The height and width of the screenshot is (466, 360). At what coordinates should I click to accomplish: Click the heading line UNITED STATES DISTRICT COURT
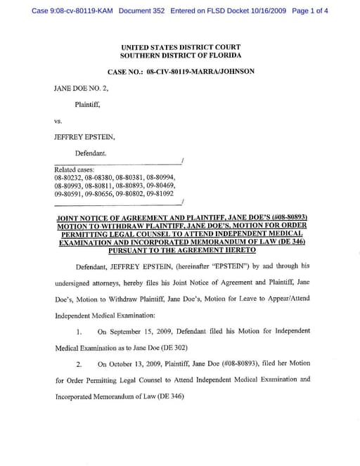[181, 46]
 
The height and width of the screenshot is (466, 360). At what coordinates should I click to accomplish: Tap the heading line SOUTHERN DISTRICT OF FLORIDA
[181, 55]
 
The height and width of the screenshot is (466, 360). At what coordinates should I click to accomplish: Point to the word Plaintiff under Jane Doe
[88, 105]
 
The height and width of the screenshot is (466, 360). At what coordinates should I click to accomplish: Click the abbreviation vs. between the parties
[58, 121]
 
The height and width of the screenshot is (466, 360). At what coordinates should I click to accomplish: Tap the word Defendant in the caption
[91, 153]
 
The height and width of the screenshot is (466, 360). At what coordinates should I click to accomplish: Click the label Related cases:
[75, 169]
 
